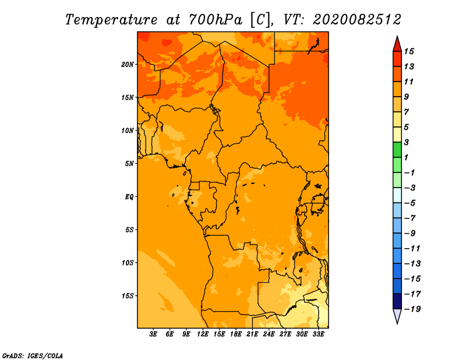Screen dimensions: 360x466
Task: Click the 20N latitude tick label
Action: pyautogui.click(x=128, y=64)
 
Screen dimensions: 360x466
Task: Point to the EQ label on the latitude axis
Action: pyautogui.click(x=129, y=196)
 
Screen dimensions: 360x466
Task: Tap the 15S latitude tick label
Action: pyautogui.click(x=128, y=295)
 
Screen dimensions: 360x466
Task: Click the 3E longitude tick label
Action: pyautogui.click(x=154, y=334)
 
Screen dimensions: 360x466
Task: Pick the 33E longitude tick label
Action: pyautogui.click(x=319, y=334)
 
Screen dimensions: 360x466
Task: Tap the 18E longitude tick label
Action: pyautogui.click(x=236, y=334)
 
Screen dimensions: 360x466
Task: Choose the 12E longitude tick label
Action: pyautogui.click(x=203, y=334)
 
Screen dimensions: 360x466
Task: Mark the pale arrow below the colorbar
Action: pyautogui.click(x=397, y=316)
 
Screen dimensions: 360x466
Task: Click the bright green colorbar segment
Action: pyautogui.click(x=397, y=150)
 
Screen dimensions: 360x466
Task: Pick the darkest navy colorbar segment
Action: pyautogui.click(x=397, y=301)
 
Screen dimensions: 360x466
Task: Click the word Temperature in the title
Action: pyautogui.click(x=110, y=19)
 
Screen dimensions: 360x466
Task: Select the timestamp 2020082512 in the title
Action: pyautogui.click(x=357, y=19)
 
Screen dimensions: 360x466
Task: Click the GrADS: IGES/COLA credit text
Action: pyautogui.click(x=32, y=355)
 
